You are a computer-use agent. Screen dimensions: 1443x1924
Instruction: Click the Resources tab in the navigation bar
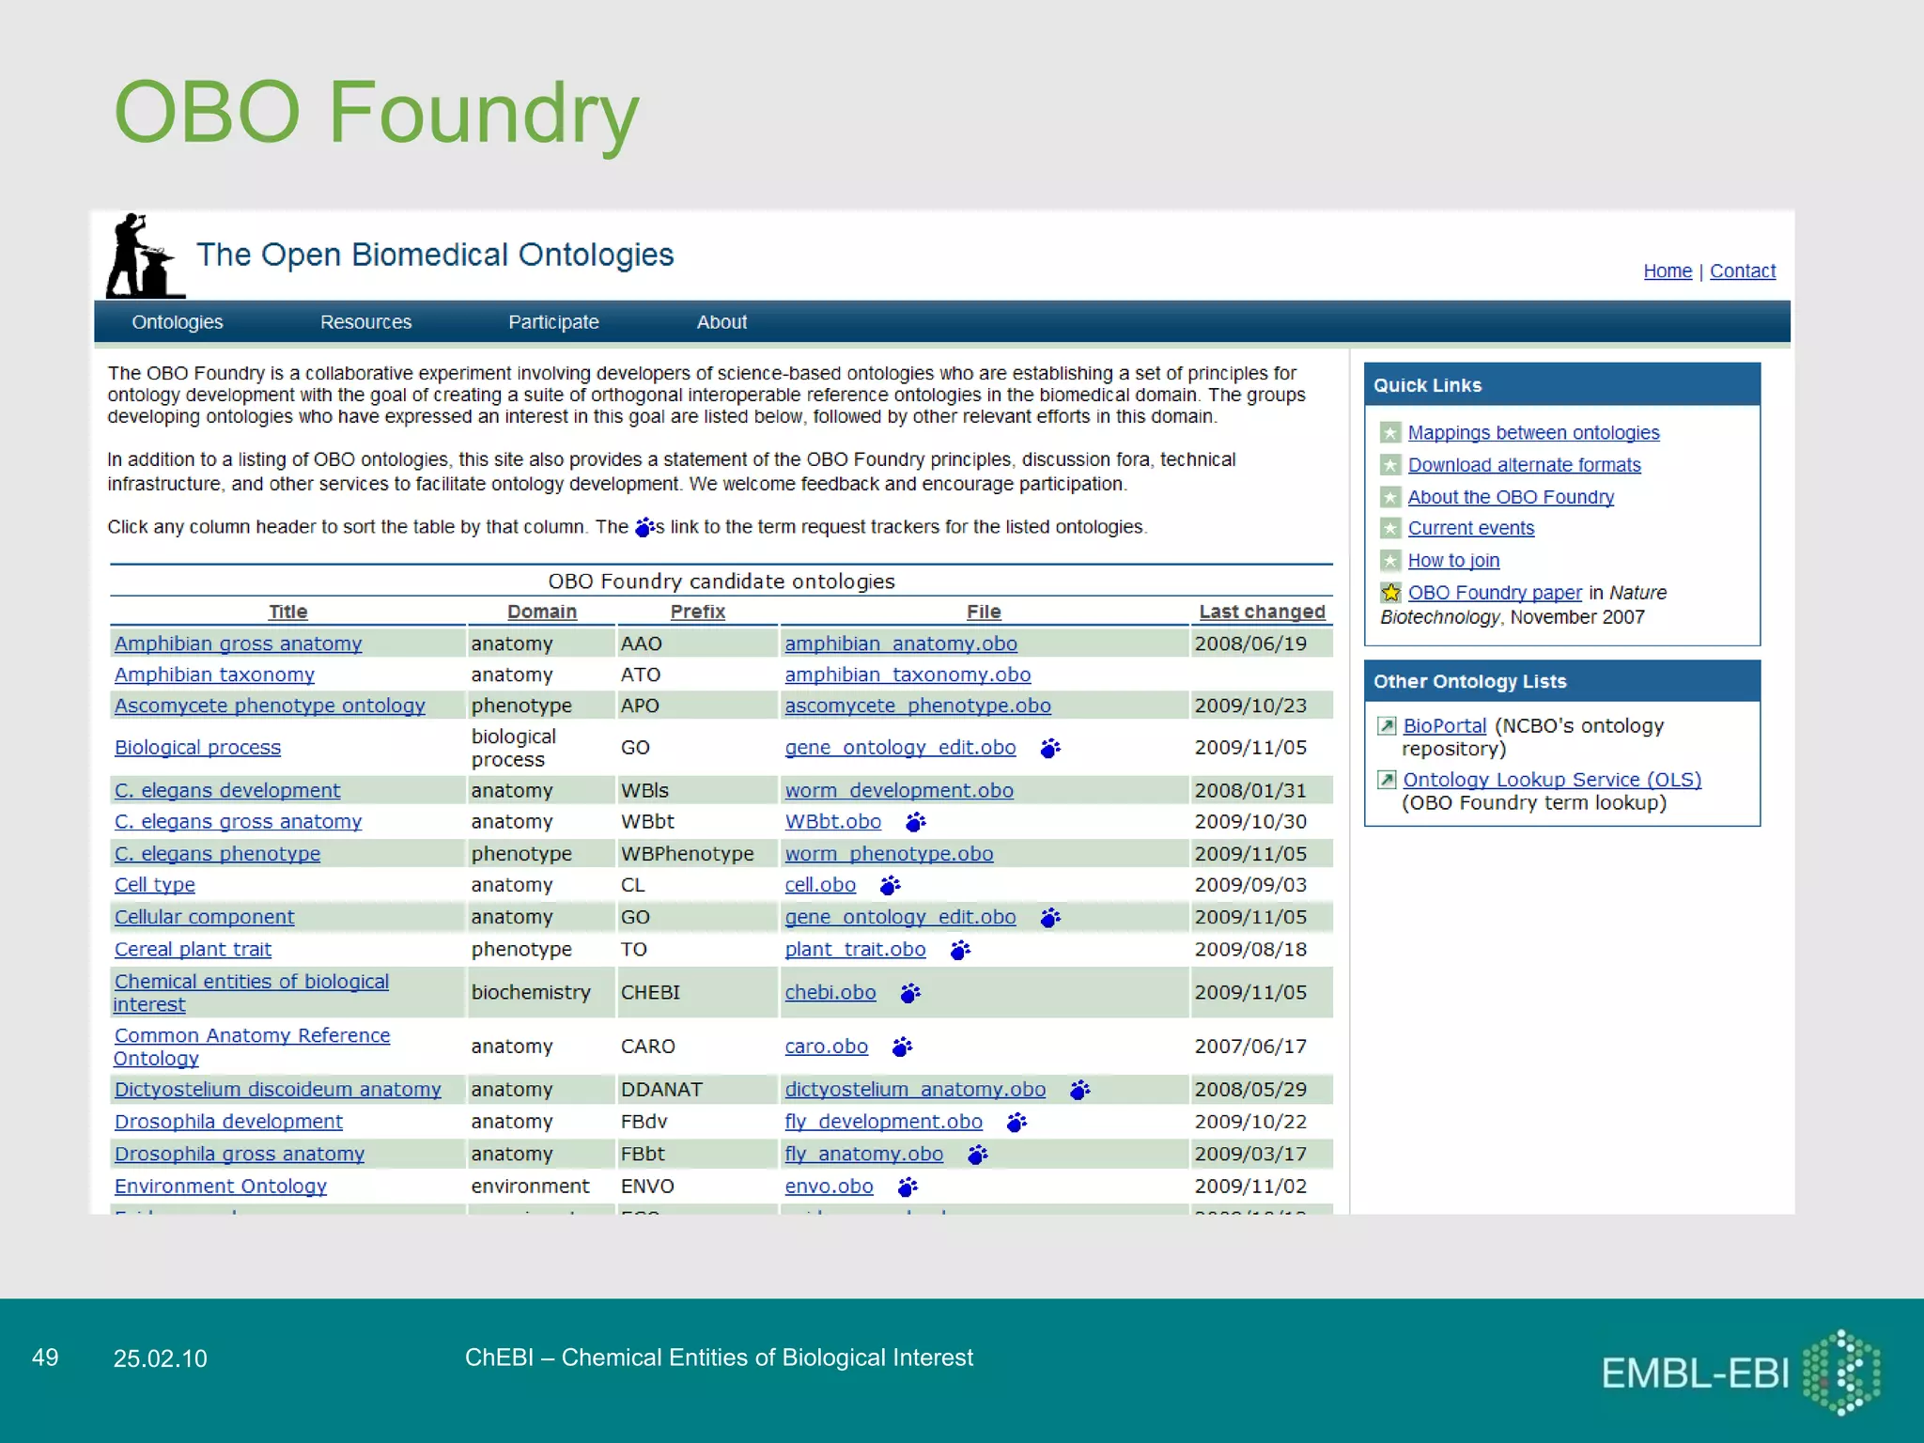365,322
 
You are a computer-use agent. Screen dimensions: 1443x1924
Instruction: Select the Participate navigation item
553,322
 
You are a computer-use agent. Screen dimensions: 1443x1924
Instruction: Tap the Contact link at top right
1742,272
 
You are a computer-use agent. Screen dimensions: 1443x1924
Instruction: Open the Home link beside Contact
1667,272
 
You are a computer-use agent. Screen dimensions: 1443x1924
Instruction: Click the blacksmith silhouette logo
142,256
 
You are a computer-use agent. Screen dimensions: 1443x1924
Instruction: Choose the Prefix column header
697,612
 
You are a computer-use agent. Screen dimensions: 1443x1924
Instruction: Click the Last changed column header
1261,612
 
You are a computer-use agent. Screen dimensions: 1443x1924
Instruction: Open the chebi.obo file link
830,993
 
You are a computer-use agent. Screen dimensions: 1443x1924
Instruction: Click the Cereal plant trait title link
193,950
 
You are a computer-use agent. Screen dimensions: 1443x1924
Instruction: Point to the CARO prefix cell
647,1047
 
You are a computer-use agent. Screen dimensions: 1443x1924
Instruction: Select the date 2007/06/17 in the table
1249,1047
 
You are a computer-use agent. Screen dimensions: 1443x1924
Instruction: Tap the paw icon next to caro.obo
902,1047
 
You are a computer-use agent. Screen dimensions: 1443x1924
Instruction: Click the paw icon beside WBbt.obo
915,822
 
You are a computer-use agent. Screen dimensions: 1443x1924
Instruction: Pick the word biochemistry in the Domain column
531,993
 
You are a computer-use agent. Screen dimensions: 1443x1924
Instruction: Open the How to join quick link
1452,561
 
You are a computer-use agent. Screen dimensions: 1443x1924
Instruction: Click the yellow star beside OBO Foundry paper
1390,593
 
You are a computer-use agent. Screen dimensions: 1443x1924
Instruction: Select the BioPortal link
1444,726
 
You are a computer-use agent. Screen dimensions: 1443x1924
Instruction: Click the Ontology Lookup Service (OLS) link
1551,780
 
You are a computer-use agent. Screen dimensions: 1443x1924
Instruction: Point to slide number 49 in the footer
45,1358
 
